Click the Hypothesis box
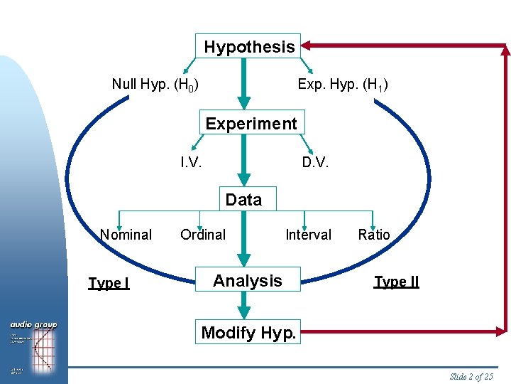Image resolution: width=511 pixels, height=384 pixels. point(248,47)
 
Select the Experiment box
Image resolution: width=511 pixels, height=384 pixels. point(251,123)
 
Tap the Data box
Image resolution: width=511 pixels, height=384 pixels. point(243,200)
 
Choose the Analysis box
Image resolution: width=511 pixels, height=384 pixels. point(248,281)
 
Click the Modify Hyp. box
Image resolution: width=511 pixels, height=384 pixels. point(248,332)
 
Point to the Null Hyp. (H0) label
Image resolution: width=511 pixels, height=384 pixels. point(155,85)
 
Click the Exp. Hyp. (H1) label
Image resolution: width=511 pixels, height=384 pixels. point(343,85)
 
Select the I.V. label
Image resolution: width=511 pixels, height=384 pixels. point(191,162)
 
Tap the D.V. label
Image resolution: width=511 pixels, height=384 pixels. point(315,162)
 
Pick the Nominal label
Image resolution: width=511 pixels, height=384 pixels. point(126,235)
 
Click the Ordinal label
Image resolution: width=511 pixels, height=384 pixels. point(203,235)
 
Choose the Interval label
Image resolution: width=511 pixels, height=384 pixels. point(308,235)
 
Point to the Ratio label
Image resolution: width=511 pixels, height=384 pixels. point(374,235)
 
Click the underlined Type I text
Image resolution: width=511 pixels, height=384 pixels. point(109,283)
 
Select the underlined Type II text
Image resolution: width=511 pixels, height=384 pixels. point(397,282)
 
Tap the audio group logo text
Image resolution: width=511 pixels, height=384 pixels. point(33,325)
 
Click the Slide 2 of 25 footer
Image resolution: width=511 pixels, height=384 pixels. point(471,376)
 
